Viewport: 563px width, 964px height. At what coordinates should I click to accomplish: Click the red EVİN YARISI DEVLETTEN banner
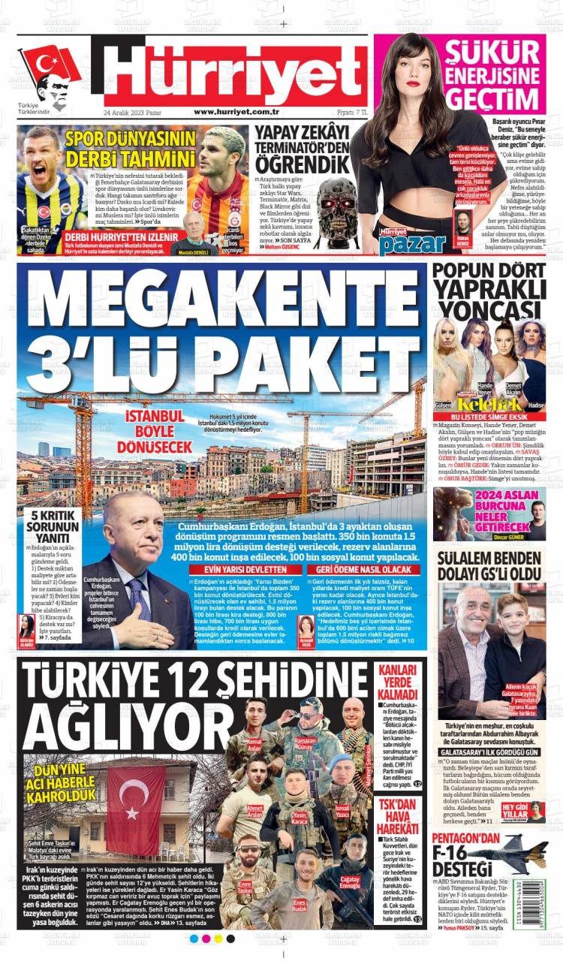(x=238, y=570)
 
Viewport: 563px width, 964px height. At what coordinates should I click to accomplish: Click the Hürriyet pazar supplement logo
(x=408, y=239)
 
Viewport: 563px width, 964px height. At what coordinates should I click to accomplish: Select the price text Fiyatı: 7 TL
(x=351, y=112)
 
